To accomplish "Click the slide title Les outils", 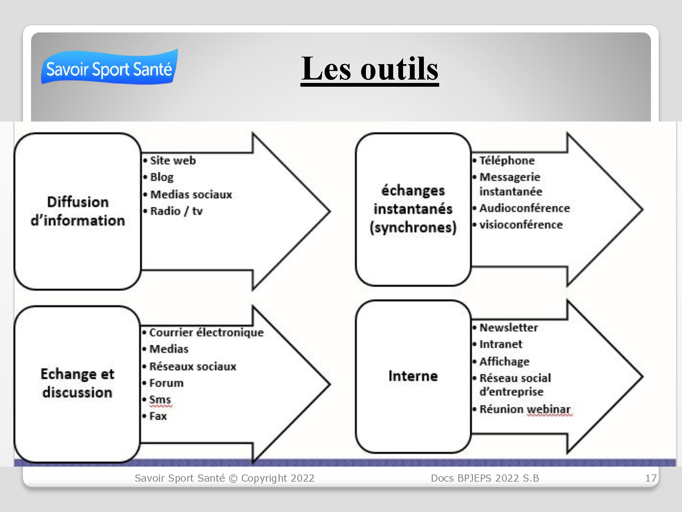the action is [370, 69].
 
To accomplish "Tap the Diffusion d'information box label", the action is [78, 211].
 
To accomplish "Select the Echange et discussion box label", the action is [77, 383].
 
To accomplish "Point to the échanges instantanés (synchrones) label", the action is [413, 209].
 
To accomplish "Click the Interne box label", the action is [413, 376].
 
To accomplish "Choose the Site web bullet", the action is [169, 160].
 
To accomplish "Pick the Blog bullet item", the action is [159, 177].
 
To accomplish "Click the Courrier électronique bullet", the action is [203, 332].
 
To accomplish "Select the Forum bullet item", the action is [163, 383].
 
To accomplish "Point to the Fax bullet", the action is [154, 416].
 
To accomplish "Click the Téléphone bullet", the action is [504, 160].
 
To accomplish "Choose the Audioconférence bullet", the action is [521, 208].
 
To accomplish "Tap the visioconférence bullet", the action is [518, 225].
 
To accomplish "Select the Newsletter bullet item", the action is [505, 327].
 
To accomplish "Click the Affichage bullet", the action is [501, 361].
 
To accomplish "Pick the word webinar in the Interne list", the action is [549, 409].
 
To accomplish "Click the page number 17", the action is [651, 478].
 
